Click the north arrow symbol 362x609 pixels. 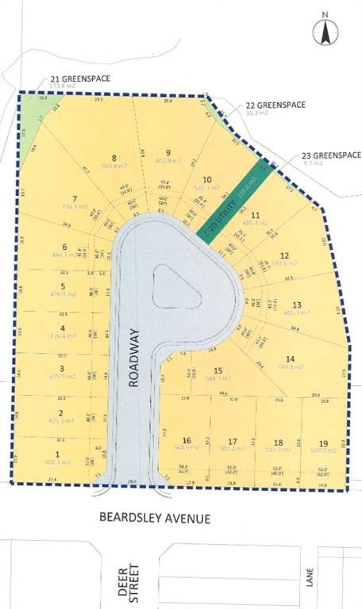(325, 31)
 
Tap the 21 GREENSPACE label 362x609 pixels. (80, 79)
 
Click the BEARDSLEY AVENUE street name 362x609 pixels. (155, 518)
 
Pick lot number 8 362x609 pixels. (114, 158)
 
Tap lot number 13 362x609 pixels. (297, 304)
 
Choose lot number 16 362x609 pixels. (187, 440)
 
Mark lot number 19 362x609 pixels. (324, 442)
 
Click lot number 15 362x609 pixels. (218, 370)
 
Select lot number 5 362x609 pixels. (61, 286)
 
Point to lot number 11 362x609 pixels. (255, 215)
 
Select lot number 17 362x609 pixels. (232, 442)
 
